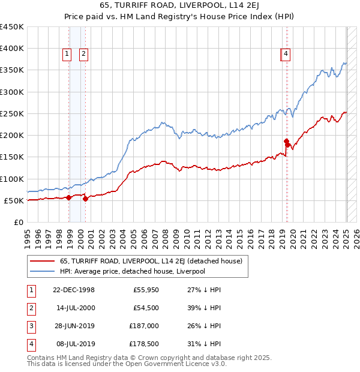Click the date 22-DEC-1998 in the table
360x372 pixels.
[74, 290]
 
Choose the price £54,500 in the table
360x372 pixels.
[146, 308]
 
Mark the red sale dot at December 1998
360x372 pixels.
[69, 197]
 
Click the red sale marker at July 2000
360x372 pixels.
[85, 198]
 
